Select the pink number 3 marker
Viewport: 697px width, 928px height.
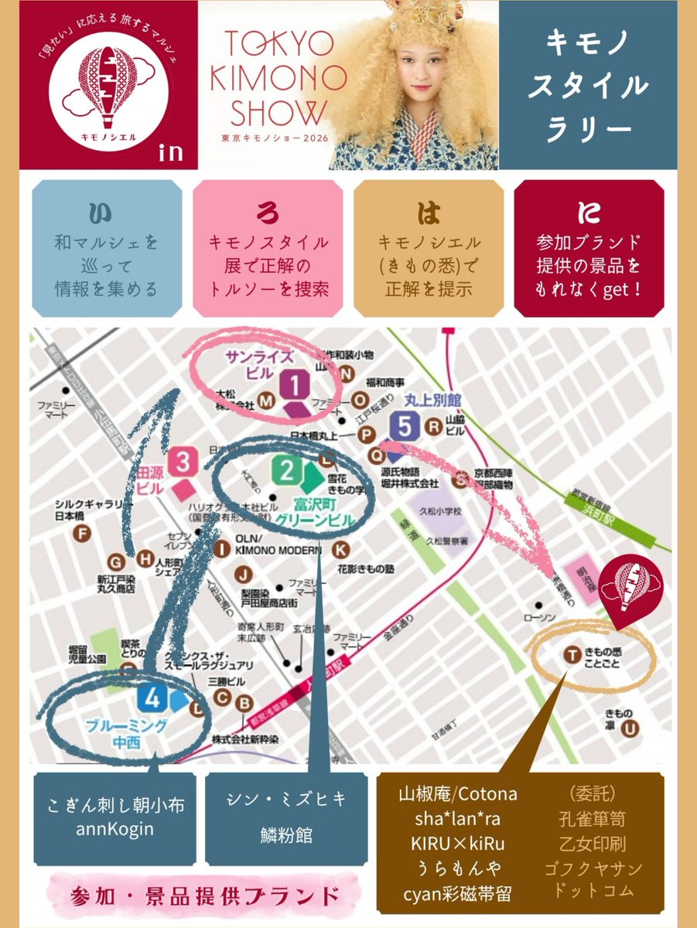tap(184, 462)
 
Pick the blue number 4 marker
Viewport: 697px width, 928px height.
tap(152, 699)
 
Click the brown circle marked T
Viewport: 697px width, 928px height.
tap(572, 656)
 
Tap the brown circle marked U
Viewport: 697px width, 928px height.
tap(632, 728)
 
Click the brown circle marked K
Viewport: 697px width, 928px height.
tap(340, 550)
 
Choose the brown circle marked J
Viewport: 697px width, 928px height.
tap(244, 574)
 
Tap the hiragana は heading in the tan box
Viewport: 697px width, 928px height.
tap(428, 211)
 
